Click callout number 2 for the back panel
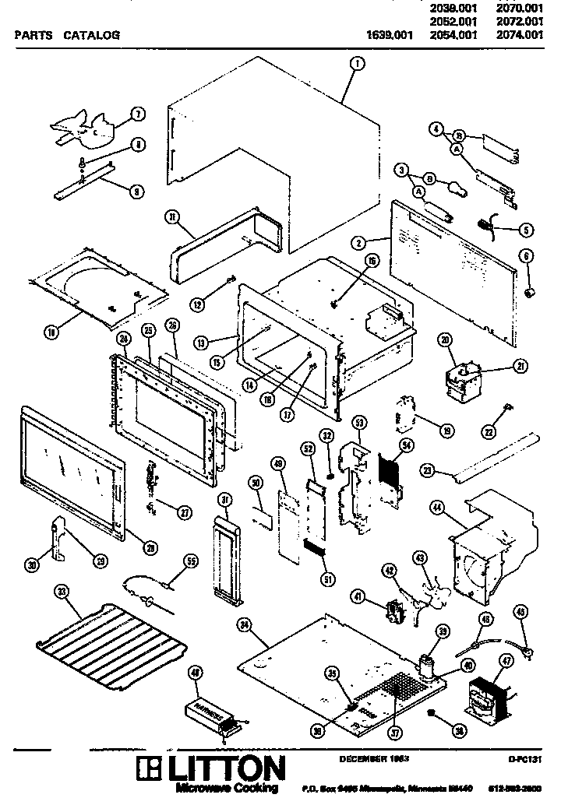[x=358, y=243]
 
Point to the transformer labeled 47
[x=486, y=696]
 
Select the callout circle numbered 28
[x=151, y=548]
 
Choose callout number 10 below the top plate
[x=52, y=332]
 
